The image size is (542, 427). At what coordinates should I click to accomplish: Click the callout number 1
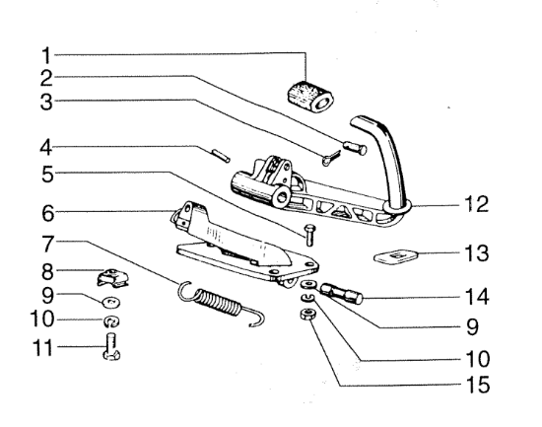click(x=46, y=55)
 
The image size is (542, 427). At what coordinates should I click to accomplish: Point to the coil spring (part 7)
click(x=221, y=303)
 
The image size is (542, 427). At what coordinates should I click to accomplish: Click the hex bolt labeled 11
click(x=111, y=346)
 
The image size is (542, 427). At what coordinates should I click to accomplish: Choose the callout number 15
click(x=477, y=385)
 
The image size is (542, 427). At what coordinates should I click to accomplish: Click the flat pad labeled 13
click(x=396, y=255)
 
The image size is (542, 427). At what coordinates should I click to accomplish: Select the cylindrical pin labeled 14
click(x=342, y=293)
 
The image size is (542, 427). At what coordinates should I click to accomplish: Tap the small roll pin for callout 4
click(x=221, y=155)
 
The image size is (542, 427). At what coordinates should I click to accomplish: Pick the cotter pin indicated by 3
click(x=331, y=157)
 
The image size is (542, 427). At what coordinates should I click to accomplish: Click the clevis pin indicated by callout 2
click(x=355, y=147)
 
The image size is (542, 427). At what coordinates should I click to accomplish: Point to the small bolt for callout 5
click(x=309, y=235)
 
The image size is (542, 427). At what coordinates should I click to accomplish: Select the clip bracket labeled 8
click(x=112, y=277)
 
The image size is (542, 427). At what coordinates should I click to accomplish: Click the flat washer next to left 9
click(x=111, y=302)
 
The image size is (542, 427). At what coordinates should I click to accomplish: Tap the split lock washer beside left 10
click(x=111, y=321)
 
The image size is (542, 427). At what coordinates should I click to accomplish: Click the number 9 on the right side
click(x=472, y=327)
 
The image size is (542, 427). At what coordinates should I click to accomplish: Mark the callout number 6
click(x=48, y=213)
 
